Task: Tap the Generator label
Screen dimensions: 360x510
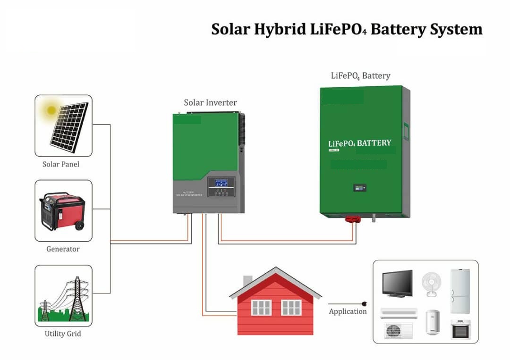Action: click(63, 249)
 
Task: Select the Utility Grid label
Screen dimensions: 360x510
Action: click(63, 334)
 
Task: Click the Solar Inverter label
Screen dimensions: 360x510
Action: click(210, 102)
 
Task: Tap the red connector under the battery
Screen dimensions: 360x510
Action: click(352, 219)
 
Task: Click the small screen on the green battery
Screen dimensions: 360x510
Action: click(358, 188)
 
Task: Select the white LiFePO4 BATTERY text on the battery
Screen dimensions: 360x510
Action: click(359, 143)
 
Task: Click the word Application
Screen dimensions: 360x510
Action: click(348, 311)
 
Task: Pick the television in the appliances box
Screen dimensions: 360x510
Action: click(397, 283)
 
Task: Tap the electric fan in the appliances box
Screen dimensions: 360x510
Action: click(431, 284)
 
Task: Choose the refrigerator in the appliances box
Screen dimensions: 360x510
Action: click(459, 291)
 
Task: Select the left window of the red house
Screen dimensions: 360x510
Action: click(261, 308)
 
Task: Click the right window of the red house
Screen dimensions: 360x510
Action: click(291, 308)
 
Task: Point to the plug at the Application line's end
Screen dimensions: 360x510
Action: click(365, 304)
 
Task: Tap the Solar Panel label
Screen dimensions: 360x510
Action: click(61, 164)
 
